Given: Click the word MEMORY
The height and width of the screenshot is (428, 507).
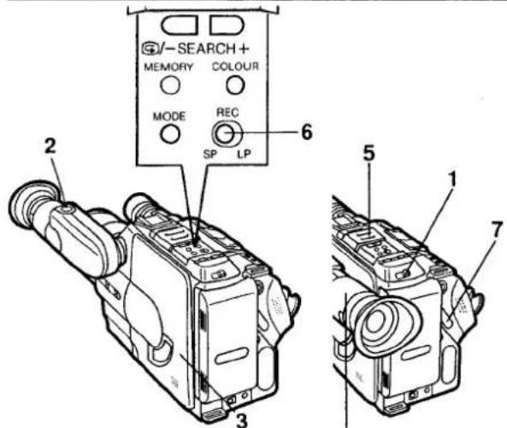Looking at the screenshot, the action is [x=168, y=67].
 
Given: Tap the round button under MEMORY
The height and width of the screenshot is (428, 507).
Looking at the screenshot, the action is [x=170, y=85].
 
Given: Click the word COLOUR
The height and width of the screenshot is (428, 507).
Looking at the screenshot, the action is [x=235, y=67].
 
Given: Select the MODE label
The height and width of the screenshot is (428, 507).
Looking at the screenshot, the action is [x=169, y=116].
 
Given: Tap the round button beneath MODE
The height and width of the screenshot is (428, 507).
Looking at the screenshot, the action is [x=170, y=134].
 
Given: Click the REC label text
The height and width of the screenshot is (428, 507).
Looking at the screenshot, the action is [x=227, y=113].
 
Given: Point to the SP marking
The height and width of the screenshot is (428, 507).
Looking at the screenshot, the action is [x=209, y=155].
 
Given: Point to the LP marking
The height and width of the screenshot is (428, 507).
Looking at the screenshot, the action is [x=245, y=154].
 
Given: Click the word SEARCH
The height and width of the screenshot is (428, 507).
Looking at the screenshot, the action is [x=206, y=49].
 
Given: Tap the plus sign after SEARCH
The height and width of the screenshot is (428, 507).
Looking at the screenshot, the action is [x=244, y=49].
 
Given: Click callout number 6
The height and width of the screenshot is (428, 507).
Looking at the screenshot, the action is [x=307, y=132].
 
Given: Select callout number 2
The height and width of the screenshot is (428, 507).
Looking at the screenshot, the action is [x=50, y=149].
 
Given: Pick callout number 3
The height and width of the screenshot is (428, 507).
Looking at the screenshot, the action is [x=242, y=420].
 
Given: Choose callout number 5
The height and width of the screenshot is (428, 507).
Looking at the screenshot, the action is [x=369, y=154].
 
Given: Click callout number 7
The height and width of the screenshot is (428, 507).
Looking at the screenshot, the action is [x=497, y=230].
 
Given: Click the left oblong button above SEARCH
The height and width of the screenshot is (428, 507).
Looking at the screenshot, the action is [x=180, y=25].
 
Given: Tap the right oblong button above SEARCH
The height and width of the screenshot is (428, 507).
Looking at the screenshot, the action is [x=227, y=25].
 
